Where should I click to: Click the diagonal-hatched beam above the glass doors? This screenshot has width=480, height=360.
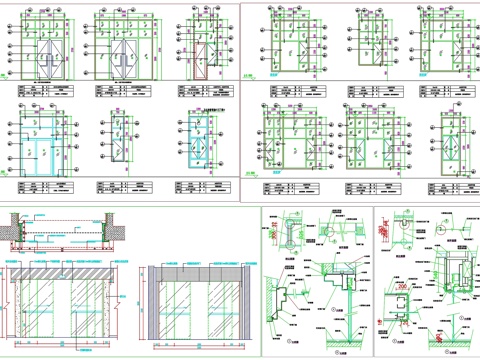click(x=65, y=271)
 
